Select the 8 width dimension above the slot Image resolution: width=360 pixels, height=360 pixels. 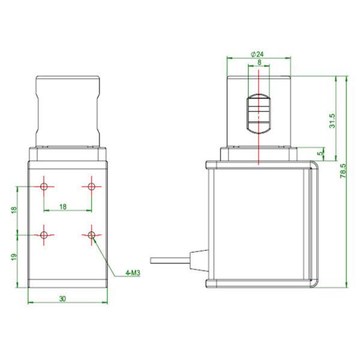[x=259, y=62]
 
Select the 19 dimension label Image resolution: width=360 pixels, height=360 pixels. [x=14, y=257]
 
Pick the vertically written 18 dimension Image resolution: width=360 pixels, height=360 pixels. [x=14, y=211]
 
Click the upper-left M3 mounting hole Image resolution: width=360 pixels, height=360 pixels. [x=44, y=187]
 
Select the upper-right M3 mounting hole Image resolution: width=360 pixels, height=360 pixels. [x=91, y=187]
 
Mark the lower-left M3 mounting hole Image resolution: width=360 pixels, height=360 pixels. [x=44, y=234]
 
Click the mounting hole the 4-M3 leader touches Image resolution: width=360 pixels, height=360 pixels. [x=91, y=234]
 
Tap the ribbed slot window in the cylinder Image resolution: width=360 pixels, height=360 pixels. [x=259, y=114]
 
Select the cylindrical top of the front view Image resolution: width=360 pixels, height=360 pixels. [x=68, y=111]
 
